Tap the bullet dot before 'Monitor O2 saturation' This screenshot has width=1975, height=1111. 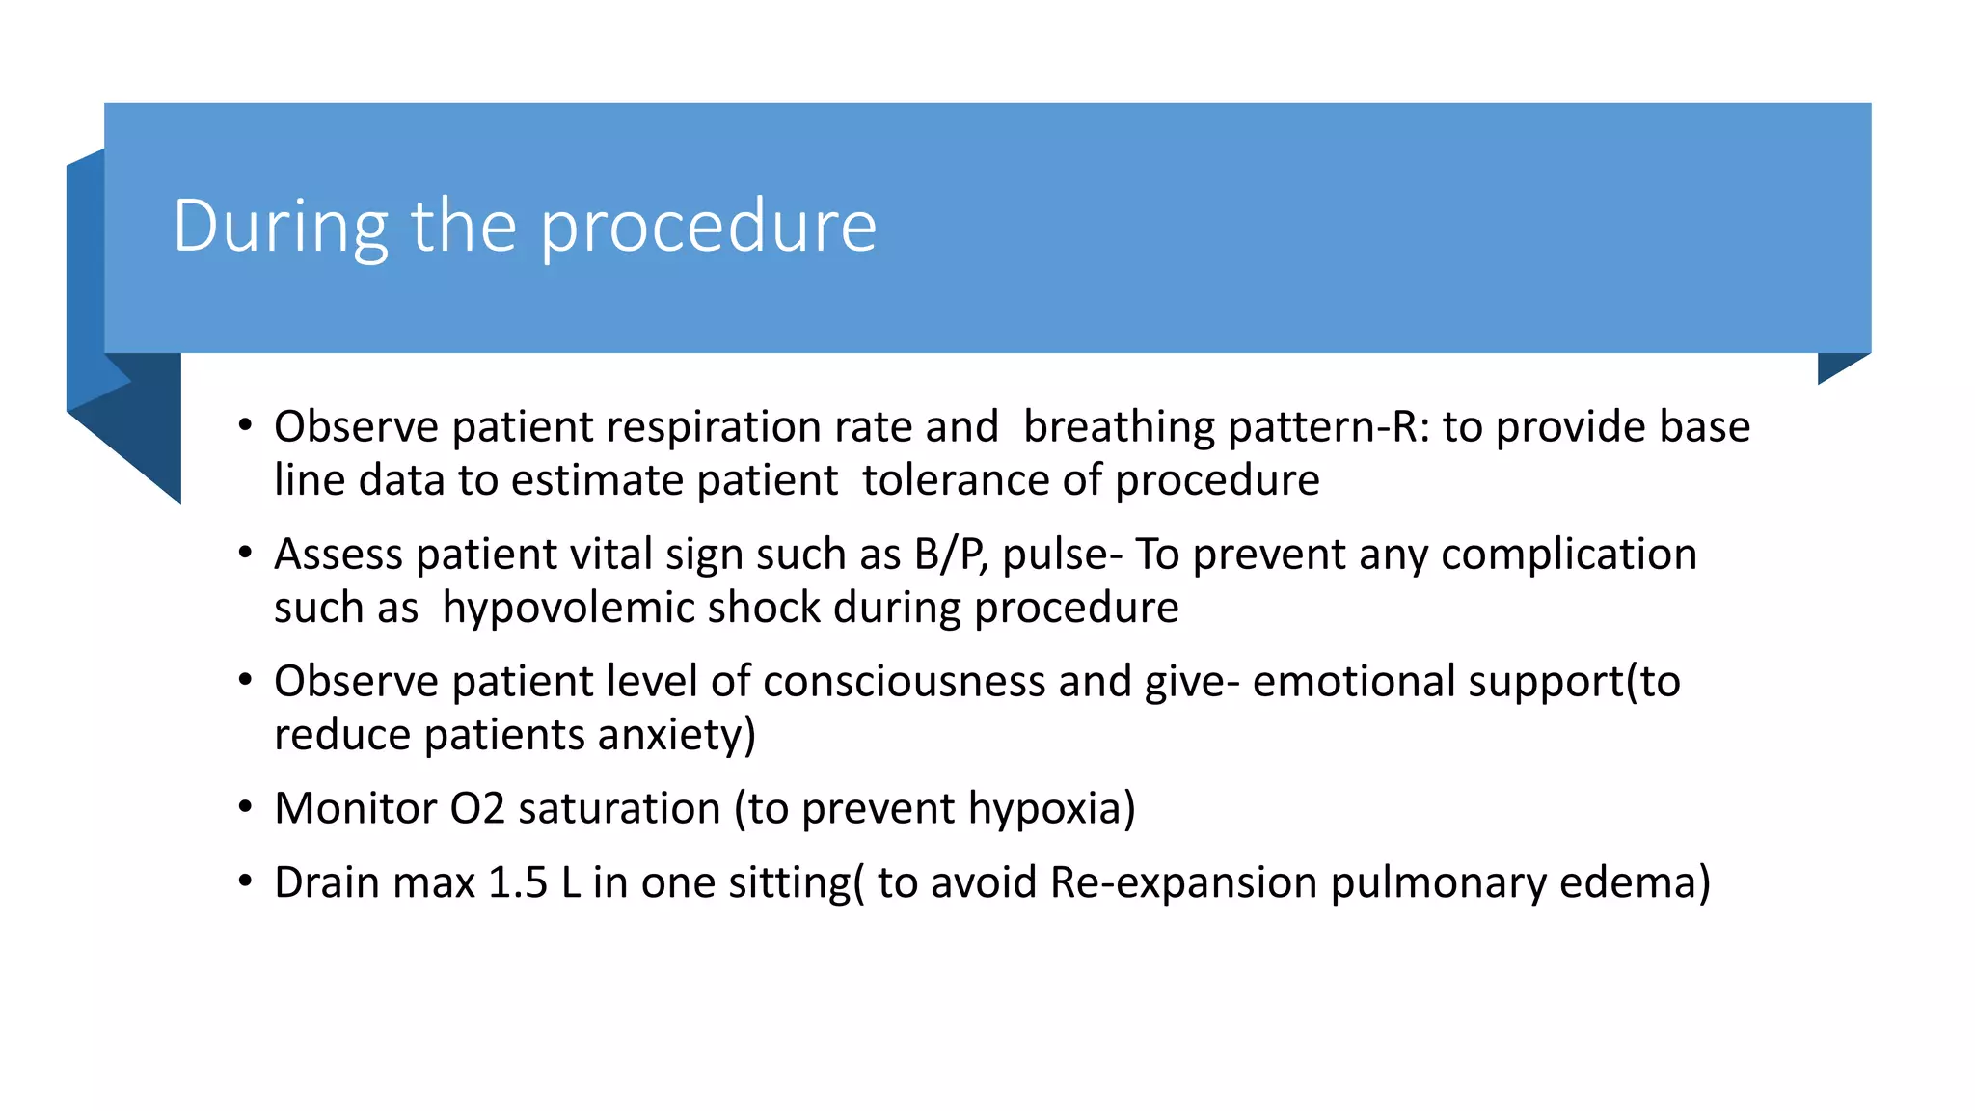pos(246,806)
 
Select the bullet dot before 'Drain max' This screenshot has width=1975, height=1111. pos(246,881)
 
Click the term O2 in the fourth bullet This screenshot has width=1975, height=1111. pos(477,808)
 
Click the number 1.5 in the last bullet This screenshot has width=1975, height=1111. pos(518,882)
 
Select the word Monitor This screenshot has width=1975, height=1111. pos(355,808)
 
